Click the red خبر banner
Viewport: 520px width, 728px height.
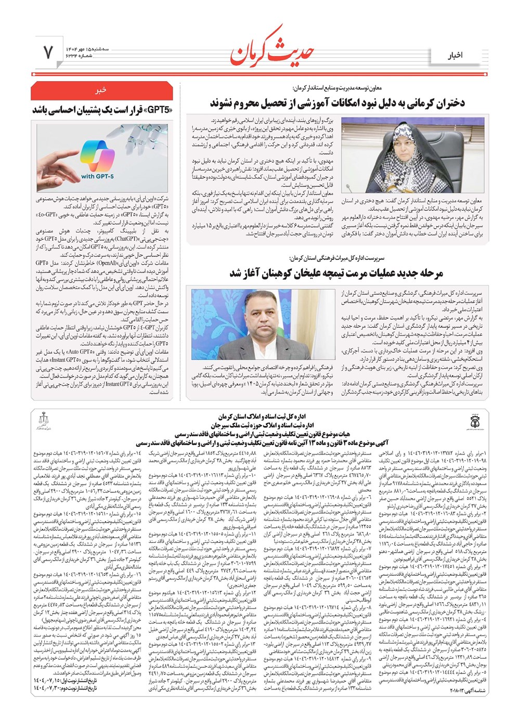101,90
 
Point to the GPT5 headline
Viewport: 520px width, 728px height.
102,110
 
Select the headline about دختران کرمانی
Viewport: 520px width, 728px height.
337,102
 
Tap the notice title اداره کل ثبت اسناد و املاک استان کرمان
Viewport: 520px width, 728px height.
260,417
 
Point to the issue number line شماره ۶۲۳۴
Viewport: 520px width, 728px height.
77,56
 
